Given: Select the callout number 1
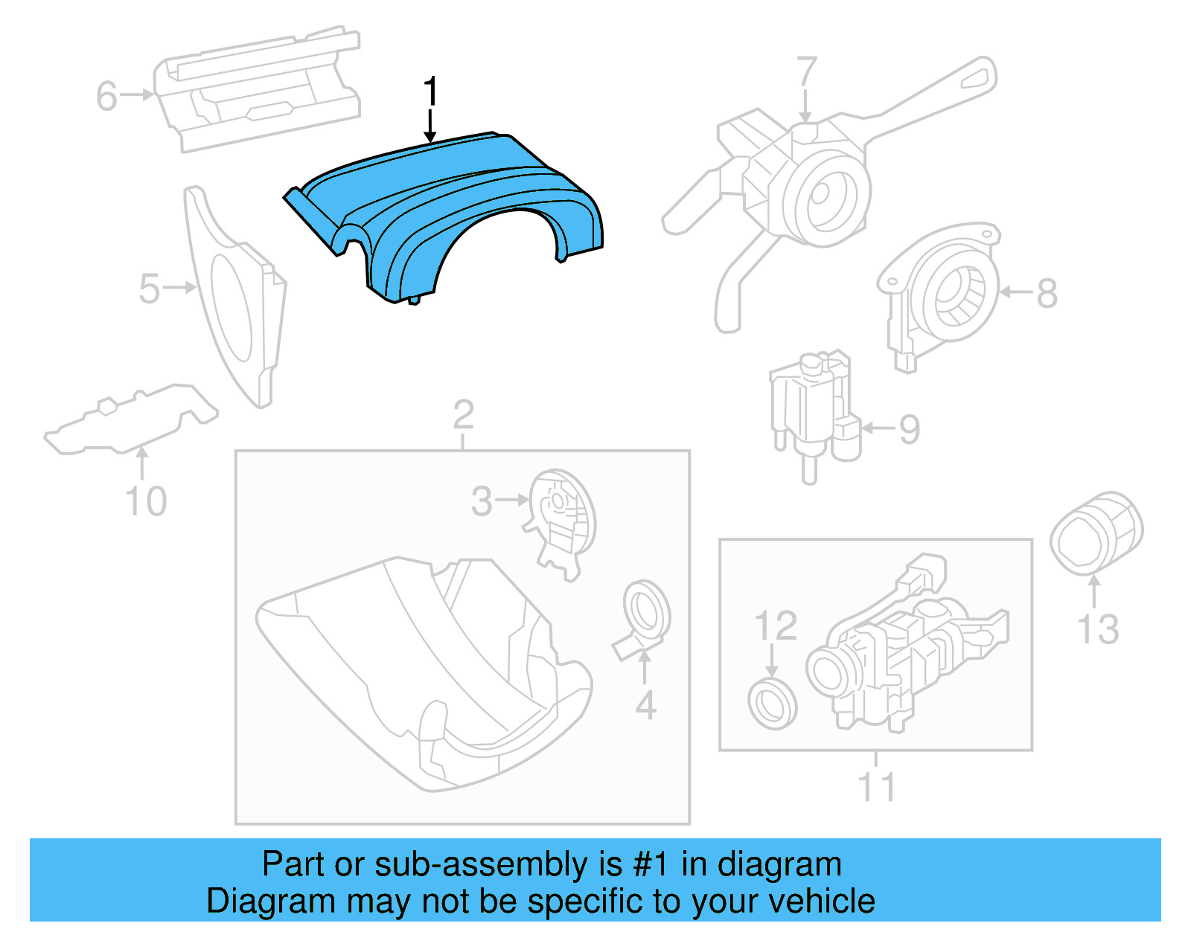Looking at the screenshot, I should point(430,93).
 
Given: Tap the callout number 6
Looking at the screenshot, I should point(106,97).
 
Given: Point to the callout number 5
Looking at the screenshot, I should point(149,289).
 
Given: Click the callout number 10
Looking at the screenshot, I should point(146,501).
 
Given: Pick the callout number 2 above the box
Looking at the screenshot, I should point(463,415).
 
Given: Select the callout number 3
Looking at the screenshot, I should point(482,501).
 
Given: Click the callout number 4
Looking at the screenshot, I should point(645,705).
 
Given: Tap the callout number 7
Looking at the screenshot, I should point(807,73).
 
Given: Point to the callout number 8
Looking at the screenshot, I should point(1047,293).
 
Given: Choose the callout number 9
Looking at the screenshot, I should point(910,430).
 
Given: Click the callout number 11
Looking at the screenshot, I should point(876,787).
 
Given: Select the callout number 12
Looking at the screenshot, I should point(776,626).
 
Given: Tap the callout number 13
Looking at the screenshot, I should point(1098,629).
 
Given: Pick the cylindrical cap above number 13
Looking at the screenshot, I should point(1096,533).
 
